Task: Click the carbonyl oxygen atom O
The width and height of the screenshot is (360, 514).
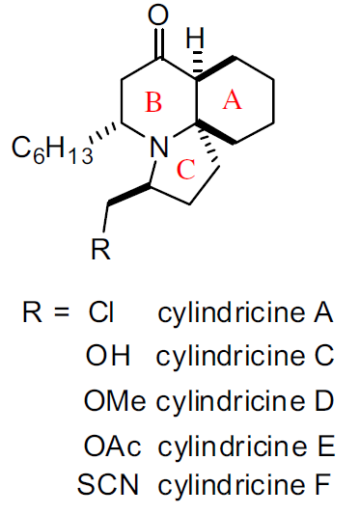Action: coord(160,15)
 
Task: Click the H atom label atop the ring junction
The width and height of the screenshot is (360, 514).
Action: coord(196,41)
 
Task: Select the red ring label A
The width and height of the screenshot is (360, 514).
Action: coord(232,100)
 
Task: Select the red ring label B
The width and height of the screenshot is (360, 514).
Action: coord(153,101)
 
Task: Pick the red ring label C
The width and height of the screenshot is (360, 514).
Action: coord(188,169)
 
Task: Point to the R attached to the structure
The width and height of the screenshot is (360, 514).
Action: coord(99,251)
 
